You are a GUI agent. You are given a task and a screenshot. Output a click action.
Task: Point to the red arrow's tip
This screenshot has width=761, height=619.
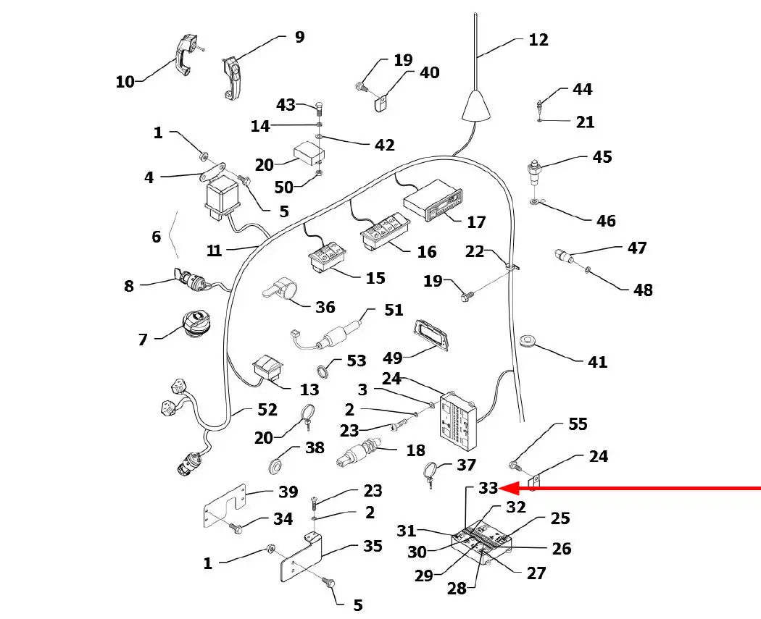click(502, 489)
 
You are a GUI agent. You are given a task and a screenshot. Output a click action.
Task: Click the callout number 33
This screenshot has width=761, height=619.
click(488, 489)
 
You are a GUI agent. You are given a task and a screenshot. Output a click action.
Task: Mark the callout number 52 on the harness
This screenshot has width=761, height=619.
click(267, 410)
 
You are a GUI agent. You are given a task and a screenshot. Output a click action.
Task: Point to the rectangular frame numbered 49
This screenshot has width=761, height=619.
click(431, 336)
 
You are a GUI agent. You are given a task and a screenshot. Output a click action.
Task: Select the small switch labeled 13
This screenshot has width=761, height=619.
click(269, 368)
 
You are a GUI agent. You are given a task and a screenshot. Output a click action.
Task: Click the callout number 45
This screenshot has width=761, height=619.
click(602, 157)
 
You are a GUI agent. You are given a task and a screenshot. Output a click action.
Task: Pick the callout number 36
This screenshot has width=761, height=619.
click(325, 307)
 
